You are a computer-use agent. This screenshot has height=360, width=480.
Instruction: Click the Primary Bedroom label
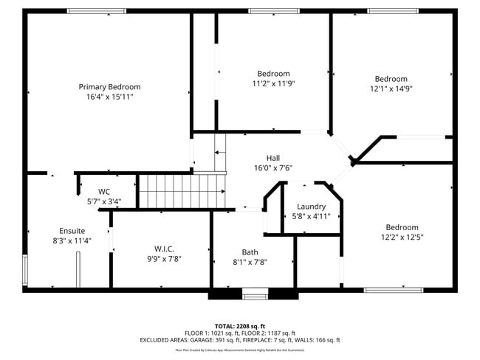coord(109,86)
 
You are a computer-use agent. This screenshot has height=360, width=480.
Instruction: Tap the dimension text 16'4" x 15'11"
coord(109,97)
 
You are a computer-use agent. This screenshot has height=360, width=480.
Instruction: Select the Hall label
coord(273,158)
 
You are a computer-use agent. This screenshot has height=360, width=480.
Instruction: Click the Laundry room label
coord(311,207)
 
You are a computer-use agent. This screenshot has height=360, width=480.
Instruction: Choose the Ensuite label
coord(67,231)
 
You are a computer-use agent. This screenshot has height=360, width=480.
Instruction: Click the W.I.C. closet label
coord(163,249)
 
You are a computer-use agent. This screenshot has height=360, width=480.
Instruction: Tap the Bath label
coord(250,252)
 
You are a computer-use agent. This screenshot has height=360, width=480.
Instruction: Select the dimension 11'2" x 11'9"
coord(273,83)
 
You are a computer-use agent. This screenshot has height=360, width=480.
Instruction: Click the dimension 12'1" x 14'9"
coord(391,89)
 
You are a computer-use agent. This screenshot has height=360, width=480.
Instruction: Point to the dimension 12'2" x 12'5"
coord(402,238)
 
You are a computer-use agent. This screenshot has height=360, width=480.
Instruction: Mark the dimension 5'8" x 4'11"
coord(311,217)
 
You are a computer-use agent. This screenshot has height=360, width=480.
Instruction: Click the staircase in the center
coord(182,191)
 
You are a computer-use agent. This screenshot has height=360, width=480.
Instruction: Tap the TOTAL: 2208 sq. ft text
coord(239,325)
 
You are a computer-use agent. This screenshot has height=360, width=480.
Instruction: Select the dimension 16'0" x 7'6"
coord(273,167)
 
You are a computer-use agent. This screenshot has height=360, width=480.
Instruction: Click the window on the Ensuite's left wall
coord(25,269)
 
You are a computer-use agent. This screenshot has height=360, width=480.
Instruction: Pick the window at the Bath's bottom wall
coord(256,296)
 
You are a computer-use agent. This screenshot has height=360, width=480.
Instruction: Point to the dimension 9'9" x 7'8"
coord(163,259)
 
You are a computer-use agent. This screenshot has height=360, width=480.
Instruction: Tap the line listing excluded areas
coord(239,340)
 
